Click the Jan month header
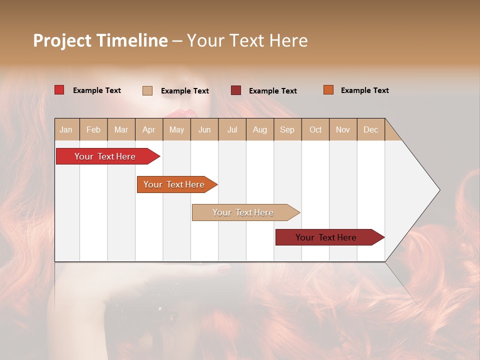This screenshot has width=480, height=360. coord(66,129)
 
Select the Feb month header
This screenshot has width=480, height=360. coord(93,129)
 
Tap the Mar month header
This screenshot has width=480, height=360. coord(121,129)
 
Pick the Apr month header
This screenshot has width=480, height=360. coord(149,129)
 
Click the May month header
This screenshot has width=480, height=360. coord(176,129)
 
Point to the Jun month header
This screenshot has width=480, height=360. coord(204,129)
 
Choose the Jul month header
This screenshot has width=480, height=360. coord(232,129)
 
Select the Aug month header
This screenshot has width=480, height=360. coord(260,129)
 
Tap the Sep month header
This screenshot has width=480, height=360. coord(287,129)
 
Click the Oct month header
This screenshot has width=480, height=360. coord(315,129)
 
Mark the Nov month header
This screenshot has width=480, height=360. coord(343,129)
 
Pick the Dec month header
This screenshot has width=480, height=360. coord(371,129)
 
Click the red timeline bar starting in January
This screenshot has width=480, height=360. coord(105,156)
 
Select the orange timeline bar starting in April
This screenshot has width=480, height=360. coord(174,184)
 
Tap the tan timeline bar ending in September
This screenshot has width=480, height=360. coord(243,212)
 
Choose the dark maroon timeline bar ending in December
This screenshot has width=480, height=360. coord(326,237)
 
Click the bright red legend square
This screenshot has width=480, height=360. coord(59,90)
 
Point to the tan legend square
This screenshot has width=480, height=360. coord(147,90)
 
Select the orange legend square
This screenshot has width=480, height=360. coord(328,90)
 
